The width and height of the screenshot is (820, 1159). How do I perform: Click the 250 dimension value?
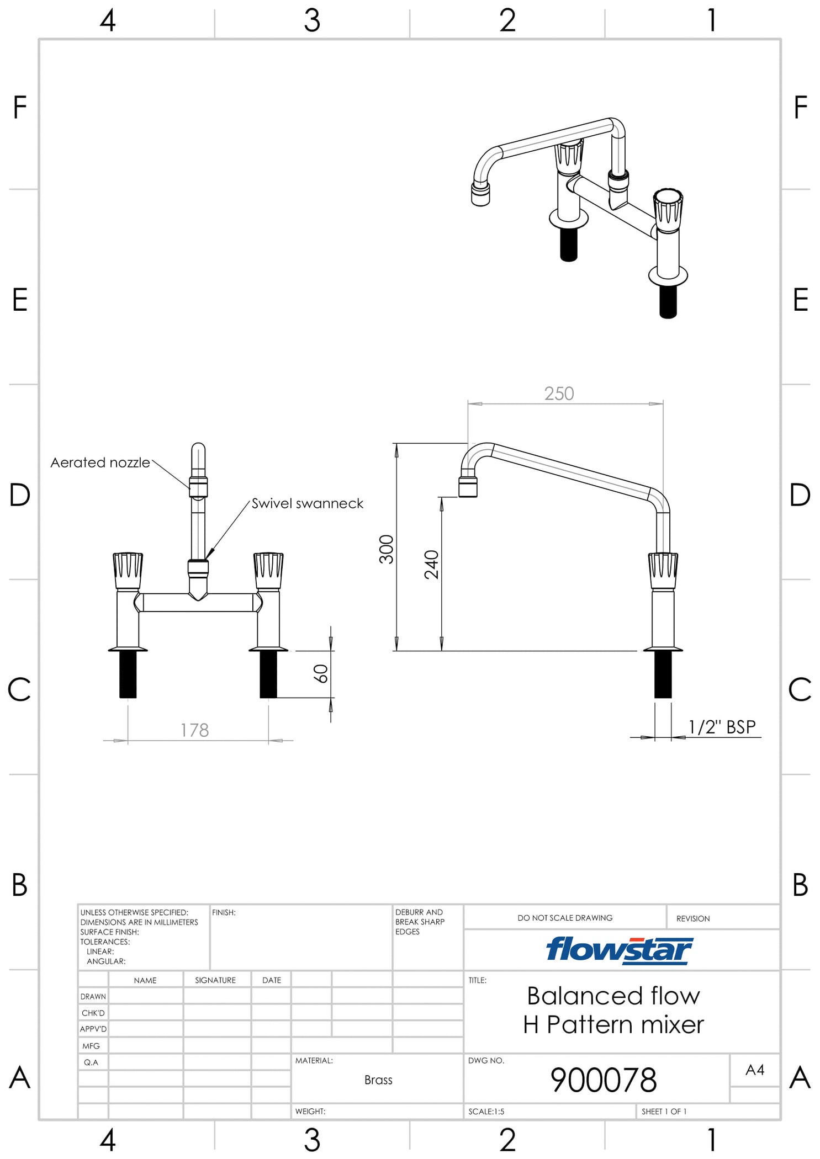559,394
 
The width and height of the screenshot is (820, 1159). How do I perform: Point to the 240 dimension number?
431,564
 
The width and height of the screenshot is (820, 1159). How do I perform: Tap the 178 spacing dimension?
194,730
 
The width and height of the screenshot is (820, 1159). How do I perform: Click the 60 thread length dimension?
321,673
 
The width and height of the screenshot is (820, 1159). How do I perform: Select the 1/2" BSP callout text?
722,727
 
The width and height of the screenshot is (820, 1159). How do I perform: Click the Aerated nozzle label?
100,462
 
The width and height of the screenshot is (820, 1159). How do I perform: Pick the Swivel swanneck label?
307,503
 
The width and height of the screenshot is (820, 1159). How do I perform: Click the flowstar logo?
619,950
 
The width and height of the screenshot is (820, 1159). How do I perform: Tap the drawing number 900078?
603,1080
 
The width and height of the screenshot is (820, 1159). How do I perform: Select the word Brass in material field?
378,1080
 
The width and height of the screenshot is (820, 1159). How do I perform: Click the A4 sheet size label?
754,1070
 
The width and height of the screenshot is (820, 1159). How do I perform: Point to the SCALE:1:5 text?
486,1112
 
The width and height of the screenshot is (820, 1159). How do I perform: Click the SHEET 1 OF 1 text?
664,1112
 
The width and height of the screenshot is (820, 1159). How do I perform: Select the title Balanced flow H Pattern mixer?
613,1010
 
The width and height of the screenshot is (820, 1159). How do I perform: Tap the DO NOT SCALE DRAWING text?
565,918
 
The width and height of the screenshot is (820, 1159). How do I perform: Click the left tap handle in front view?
128,570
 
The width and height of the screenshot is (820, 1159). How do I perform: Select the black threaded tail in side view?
663,674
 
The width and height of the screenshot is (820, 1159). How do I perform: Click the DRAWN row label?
93,996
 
